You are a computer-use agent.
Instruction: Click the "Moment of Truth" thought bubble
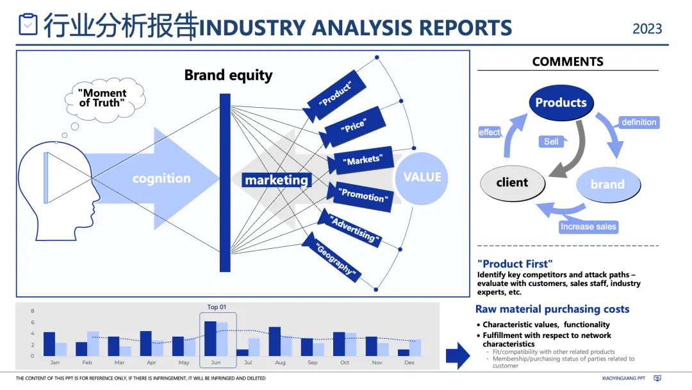click(103, 98)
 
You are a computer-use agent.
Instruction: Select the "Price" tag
click(354, 126)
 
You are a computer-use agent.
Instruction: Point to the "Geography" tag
click(335, 259)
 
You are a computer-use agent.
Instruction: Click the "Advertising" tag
click(352, 229)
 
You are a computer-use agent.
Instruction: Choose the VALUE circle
click(422, 178)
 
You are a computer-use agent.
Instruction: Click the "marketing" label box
click(276, 180)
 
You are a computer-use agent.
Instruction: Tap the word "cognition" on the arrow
click(161, 178)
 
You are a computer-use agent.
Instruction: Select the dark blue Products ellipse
click(561, 103)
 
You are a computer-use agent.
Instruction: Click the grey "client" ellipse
click(513, 182)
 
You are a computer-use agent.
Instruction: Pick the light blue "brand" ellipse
click(607, 184)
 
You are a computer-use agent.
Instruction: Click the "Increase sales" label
click(588, 226)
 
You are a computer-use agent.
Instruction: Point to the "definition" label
click(639, 122)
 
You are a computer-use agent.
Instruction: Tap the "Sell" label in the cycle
click(551, 141)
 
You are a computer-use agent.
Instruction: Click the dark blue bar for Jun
click(210, 339)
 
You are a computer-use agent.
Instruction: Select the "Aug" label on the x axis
click(280, 363)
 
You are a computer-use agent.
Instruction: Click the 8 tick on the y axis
click(33, 311)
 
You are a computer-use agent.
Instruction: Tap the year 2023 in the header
click(647, 29)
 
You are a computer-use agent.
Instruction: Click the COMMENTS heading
click(568, 62)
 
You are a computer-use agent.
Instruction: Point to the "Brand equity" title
click(228, 75)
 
